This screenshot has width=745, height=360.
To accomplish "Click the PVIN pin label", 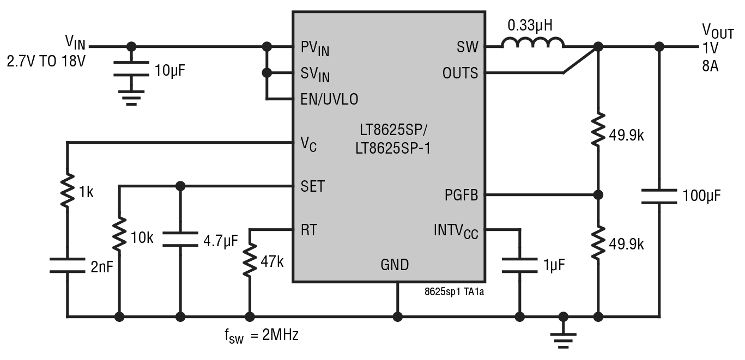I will click(314, 48).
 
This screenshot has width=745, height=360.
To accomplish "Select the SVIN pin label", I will click(314, 74).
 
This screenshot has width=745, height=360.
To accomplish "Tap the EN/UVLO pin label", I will click(329, 99).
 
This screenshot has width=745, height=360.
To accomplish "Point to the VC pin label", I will click(308, 144).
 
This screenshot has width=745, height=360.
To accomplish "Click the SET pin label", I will click(312, 186).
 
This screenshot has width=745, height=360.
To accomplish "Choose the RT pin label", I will click(308, 230).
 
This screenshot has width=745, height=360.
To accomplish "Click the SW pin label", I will click(467, 47).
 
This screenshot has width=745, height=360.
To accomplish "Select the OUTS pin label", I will click(460, 73).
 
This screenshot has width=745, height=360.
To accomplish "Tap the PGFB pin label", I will click(461, 195).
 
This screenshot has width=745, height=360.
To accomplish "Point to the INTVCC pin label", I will click(456, 231).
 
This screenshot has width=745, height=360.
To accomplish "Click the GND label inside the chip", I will click(395, 265).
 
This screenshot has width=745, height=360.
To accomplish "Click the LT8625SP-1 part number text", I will click(392, 148).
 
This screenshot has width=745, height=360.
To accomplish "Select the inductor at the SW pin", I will click(532, 44).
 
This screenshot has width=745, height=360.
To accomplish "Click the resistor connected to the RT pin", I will click(250, 260).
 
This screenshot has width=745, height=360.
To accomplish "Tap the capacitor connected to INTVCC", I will click(519, 266).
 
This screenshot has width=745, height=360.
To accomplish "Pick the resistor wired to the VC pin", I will click(68, 191).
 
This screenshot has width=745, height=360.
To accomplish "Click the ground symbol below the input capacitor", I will click(131, 99).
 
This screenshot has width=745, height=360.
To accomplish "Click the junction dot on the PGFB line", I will click(598, 195).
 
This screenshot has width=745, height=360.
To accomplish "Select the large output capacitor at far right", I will click(659, 196).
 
